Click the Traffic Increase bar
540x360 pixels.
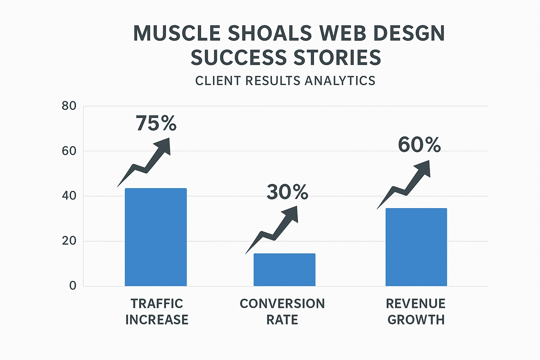pos(156,237)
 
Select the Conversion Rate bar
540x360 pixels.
pos(284,270)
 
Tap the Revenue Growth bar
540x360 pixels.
pos(416,247)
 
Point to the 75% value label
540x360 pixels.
pos(156,123)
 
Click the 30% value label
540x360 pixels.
pos(287,192)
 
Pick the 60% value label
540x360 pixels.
pos(419,145)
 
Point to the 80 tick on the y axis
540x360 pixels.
pos(69,106)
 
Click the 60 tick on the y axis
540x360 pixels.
pos(69,151)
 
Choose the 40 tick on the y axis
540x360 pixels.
pos(69,196)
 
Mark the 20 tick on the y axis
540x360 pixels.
pos(69,241)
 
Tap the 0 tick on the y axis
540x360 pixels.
pos(72,286)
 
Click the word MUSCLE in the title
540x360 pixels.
pos(177,34)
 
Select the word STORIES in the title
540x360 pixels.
pos(337,58)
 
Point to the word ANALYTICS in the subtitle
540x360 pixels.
pos(340,81)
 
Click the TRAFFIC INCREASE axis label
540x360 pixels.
pos(157,311)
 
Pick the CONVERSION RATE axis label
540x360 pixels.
pos(282,311)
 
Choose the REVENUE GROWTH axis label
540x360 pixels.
pos(416,311)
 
